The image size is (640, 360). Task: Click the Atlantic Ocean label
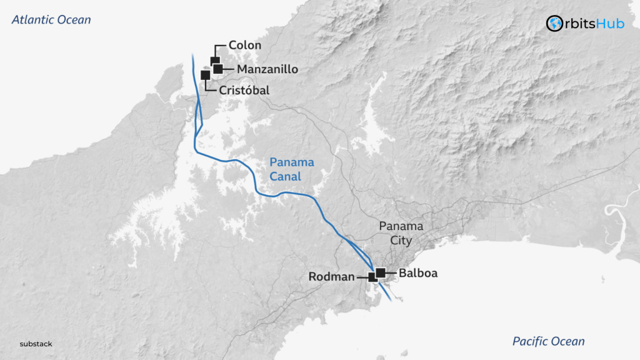point(51,20)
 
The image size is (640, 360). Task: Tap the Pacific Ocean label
point(548,341)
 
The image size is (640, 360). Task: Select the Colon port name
point(244,46)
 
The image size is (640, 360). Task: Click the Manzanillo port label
point(267,69)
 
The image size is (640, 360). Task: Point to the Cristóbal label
point(244,91)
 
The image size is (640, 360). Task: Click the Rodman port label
point(331,276)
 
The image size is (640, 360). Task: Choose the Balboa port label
point(417,273)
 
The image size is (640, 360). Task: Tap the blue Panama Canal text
point(292,169)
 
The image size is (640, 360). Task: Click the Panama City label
point(401,232)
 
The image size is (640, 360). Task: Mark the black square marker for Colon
point(214,61)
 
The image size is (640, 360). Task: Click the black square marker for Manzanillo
point(218,69)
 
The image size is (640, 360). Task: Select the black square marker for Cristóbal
point(205,74)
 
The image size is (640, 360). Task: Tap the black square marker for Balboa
point(380,272)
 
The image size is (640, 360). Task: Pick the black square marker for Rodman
point(372,276)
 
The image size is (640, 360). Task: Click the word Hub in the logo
point(612,24)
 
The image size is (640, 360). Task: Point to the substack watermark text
point(36,344)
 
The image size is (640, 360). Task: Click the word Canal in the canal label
point(285,177)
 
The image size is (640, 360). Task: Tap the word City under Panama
point(401,239)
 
